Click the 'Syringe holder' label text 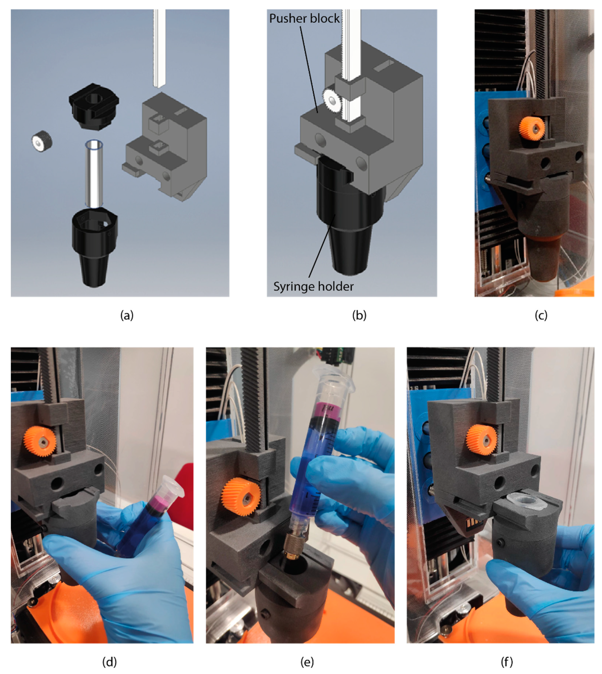(313, 286)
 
